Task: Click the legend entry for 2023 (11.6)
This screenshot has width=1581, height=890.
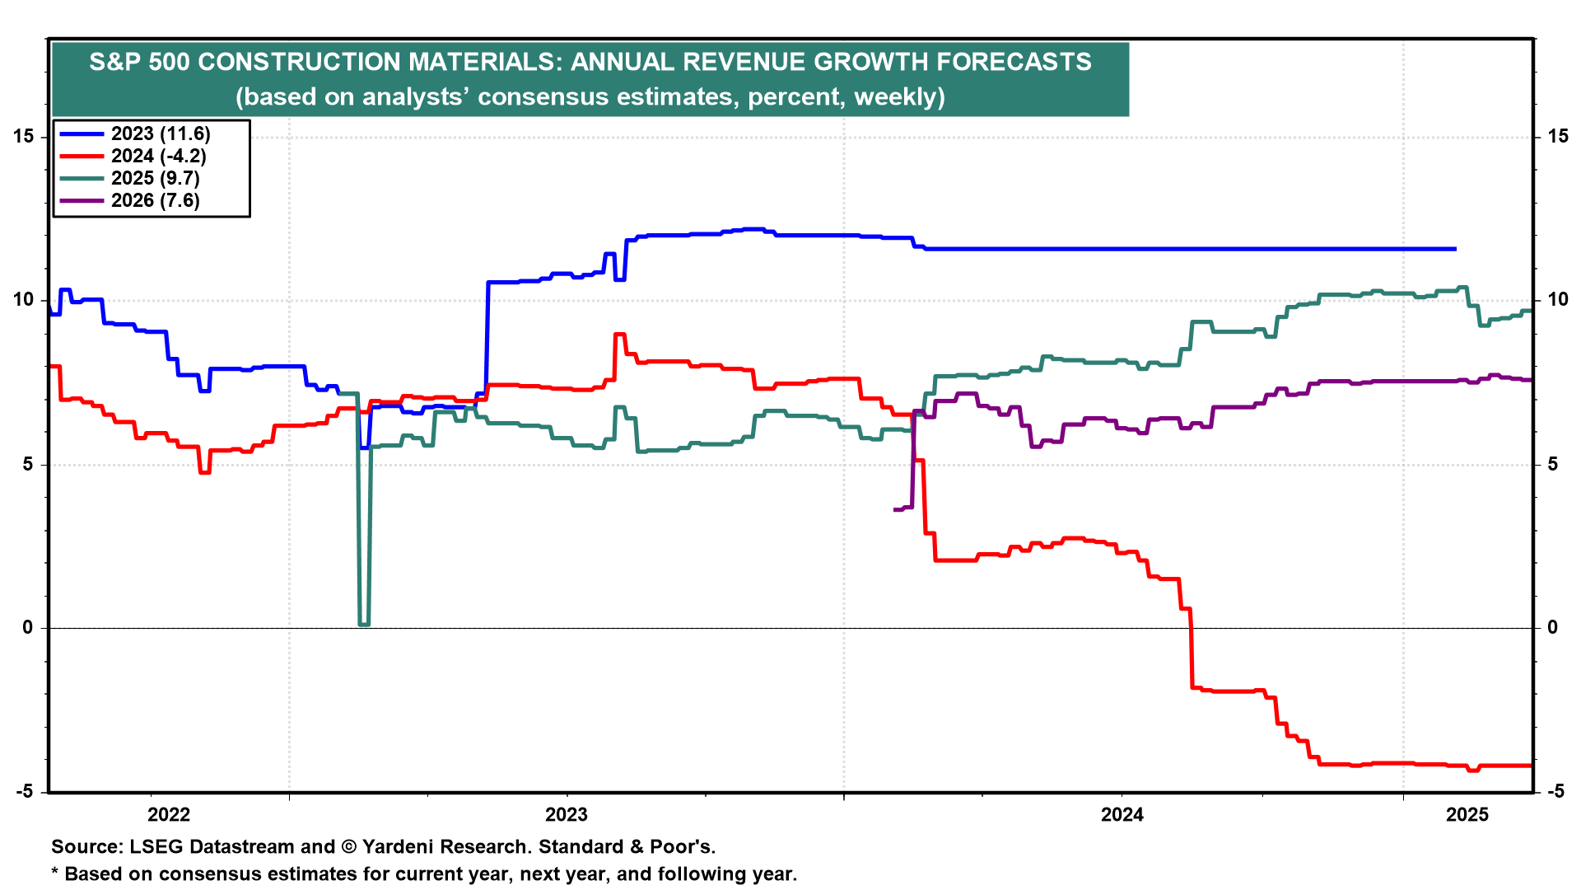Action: [x=161, y=134]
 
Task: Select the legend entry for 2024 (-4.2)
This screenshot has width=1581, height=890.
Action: [x=158, y=157]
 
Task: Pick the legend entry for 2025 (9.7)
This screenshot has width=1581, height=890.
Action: [x=156, y=179]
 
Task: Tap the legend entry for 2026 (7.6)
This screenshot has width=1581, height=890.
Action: [x=156, y=201]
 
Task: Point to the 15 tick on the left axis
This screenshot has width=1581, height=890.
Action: [x=24, y=137]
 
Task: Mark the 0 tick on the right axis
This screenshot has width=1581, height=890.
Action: [x=1552, y=628]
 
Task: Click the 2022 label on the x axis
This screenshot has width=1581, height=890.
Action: [x=168, y=815]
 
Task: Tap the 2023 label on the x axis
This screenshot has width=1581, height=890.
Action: [x=567, y=815]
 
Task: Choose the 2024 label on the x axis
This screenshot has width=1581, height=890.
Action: [x=1122, y=815]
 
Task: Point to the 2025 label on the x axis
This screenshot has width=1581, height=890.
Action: [x=1467, y=815]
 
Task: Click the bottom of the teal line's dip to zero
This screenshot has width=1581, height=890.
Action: [x=364, y=625]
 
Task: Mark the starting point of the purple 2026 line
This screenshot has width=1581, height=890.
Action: [x=895, y=510]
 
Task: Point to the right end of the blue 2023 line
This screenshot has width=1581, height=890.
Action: [x=1455, y=249]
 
